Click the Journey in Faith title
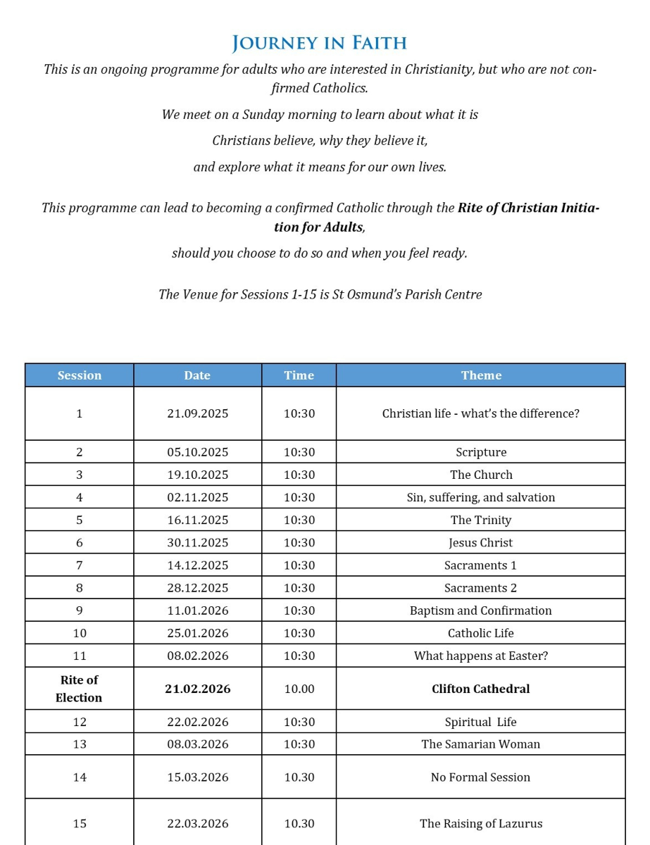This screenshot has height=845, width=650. pyautogui.click(x=320, y=43)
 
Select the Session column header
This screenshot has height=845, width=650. pyautogui.click(x=80, y=375)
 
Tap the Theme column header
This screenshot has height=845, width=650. pyautogui.click(x=481, y=375)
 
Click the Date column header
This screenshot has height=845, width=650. pyautogui.click(x=197, y=375)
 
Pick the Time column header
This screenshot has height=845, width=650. pyautogui.click(x=299, y=375)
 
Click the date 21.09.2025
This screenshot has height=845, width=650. pyautogui.click(x=198, y=413)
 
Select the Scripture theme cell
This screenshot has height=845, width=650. pyautogui.click(x=481, y=452)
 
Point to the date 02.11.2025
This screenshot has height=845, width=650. pyautogui.click(x=198, y=497)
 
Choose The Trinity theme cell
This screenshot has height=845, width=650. pyautogui.click(x=481, y=520)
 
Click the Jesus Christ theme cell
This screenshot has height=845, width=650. pyautogui.click(x=481, y=542)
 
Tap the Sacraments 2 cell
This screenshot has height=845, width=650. pyautogui.click(x=481, y=587)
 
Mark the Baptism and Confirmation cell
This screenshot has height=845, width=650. pyautogui.click(x=481, y=611)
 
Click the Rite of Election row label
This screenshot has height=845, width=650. pyautogui.click(x=79, y=689)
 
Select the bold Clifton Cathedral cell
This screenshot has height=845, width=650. pyautogui.click(x=481, y=689)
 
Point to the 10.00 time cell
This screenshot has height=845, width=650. pyautogui.click(x=299, y=689)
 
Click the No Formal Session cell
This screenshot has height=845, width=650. pyautogui.click(x=481, y=777)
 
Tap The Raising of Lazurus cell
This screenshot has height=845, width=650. pyautogui.click(x=481, y=823)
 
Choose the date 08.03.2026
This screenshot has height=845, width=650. pyautogui.click(x=198, y=744)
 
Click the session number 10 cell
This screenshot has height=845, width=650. pyautogui.click(x=80, y=633)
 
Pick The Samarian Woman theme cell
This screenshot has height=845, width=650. pyautogui.click(x=481, y=744)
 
